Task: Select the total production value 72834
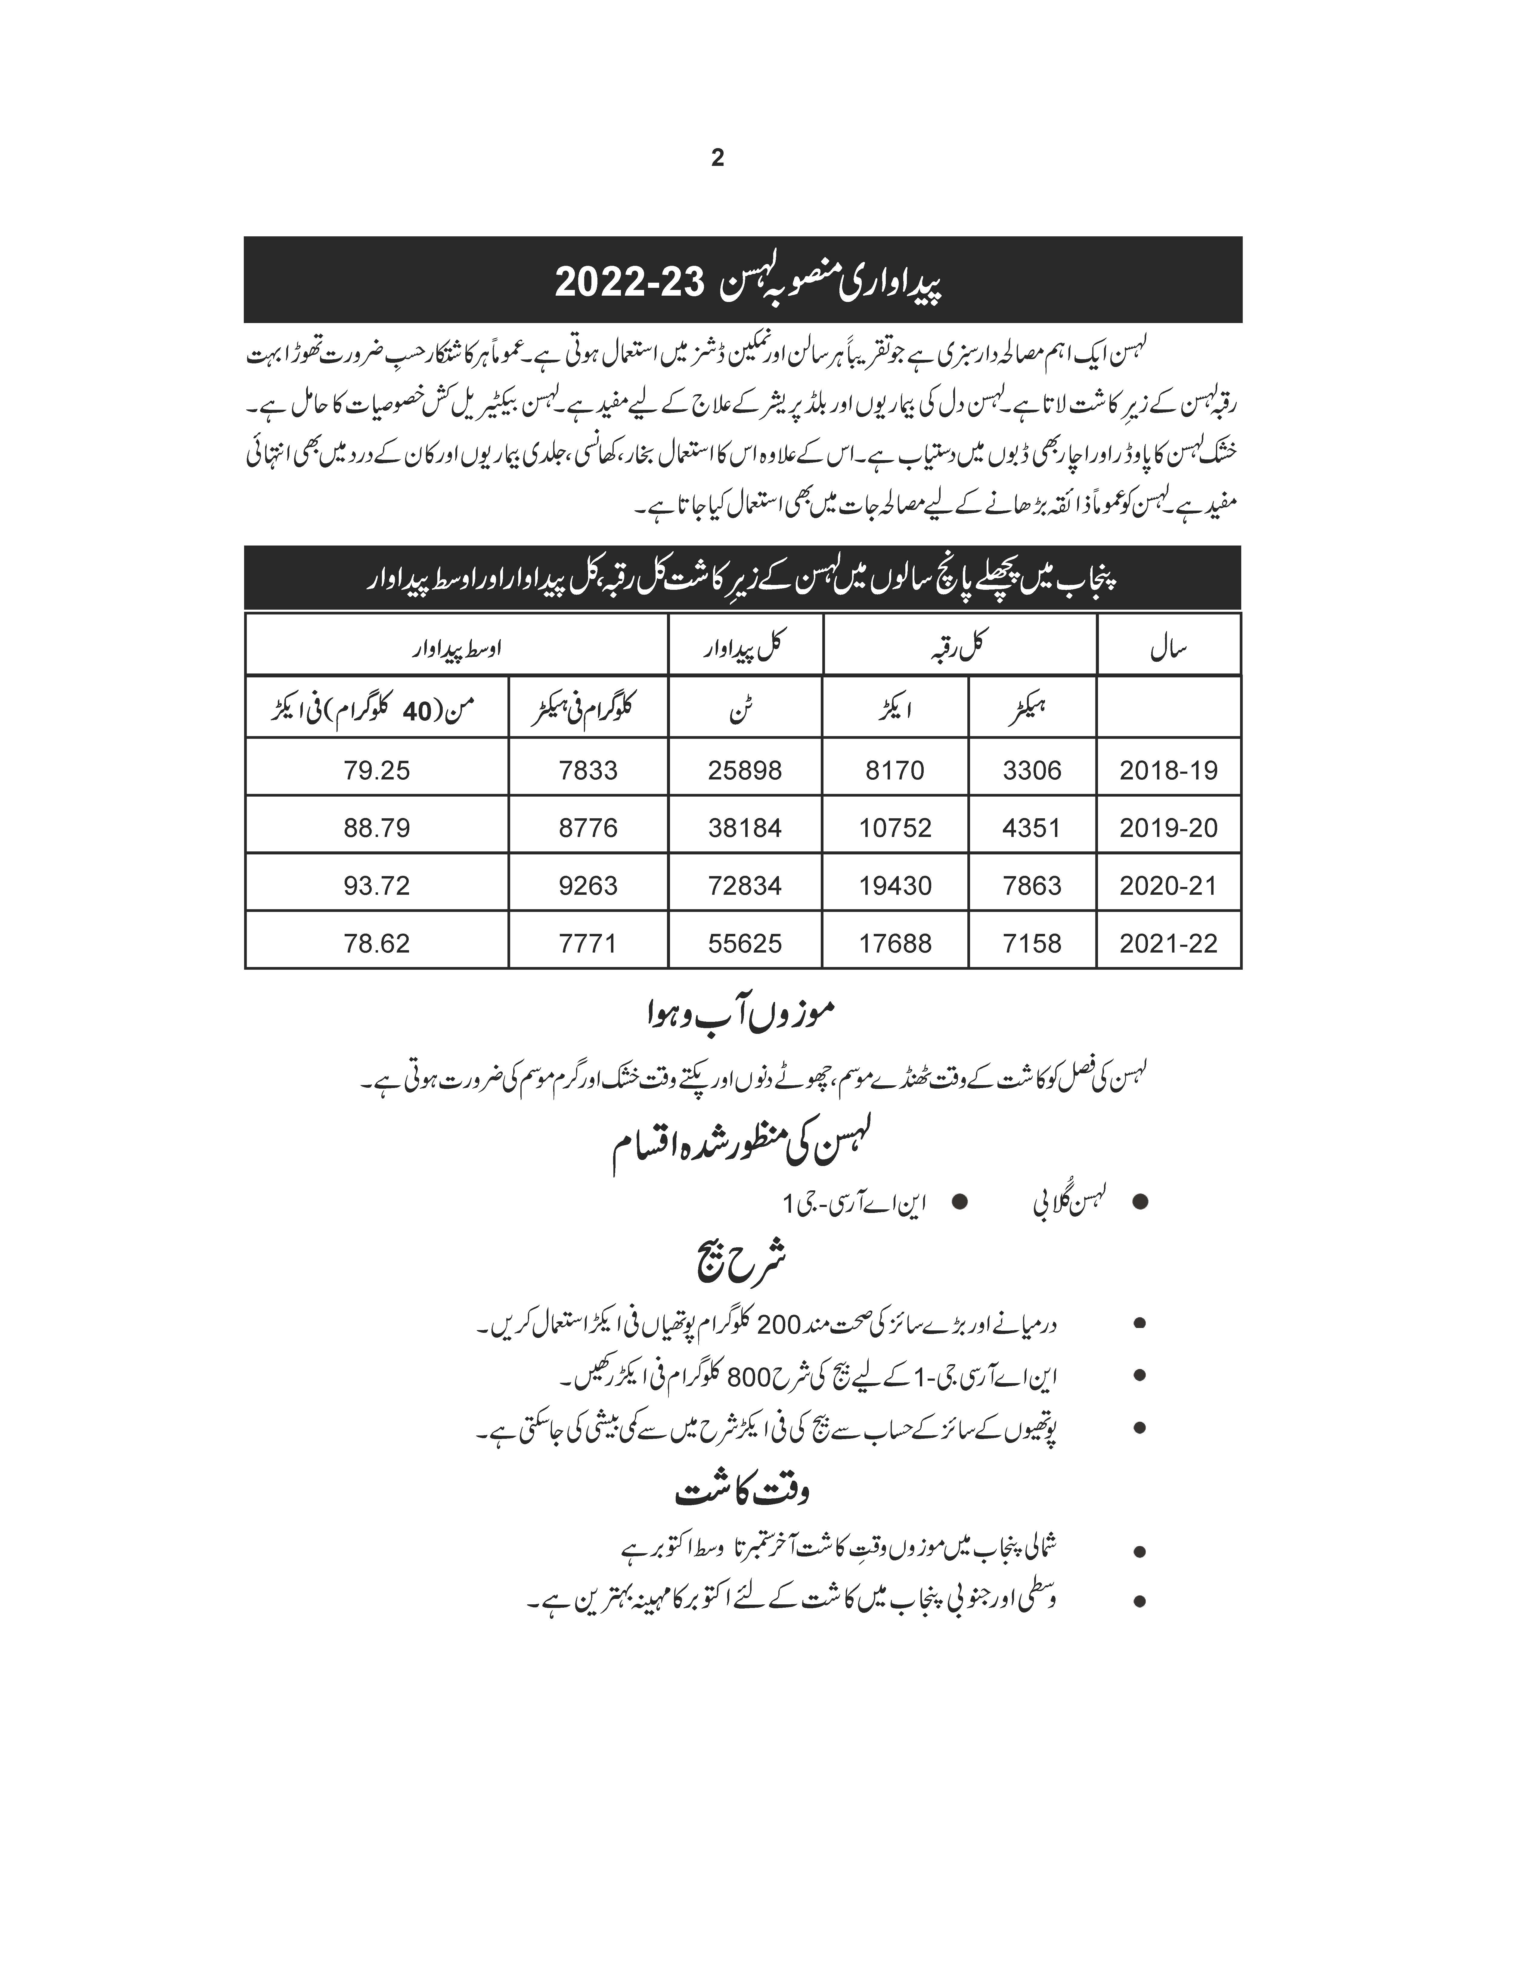tap(745, 885)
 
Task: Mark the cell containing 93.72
tap(377, 885)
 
